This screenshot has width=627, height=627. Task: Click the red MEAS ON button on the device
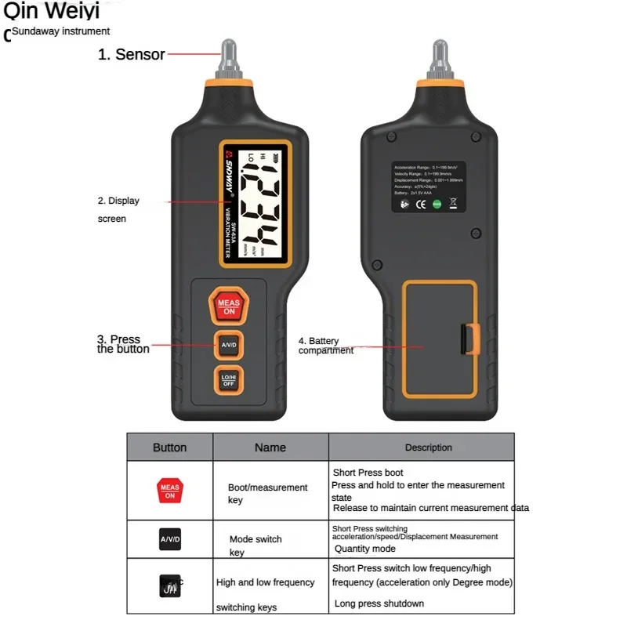coord(228,306)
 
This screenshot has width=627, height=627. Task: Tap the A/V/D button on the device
coord(228,345)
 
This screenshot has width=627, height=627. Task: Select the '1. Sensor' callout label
coord(131,54)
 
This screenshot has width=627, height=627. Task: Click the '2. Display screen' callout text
coord(118,209)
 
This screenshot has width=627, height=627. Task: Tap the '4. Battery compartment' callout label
coord(324,346)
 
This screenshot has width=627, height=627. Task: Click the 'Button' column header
coord(169,448)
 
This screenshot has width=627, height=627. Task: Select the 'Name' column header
coord(270,448)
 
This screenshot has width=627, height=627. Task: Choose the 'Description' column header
coord(428,448)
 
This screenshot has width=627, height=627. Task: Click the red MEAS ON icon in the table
coord(169,491)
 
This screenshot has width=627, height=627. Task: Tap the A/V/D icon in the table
coord(169,539)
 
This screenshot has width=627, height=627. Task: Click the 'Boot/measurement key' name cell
coord(267,494)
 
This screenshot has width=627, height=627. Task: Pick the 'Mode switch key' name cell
coord(255,545)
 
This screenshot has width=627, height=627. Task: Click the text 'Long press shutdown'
coord(379,603)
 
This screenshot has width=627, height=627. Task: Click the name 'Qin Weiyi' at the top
coord(51,13)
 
